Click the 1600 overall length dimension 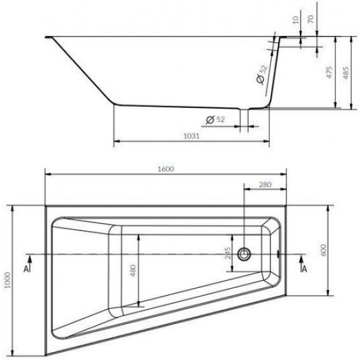(x=166, y=169)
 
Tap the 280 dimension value (x=264, y=185)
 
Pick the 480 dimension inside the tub (x=132, y=269)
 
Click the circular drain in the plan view (x=244, y=253)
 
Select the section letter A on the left (x=26, y=268)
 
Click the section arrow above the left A (x=26, y=257)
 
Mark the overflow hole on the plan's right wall (x=280, y=253)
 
